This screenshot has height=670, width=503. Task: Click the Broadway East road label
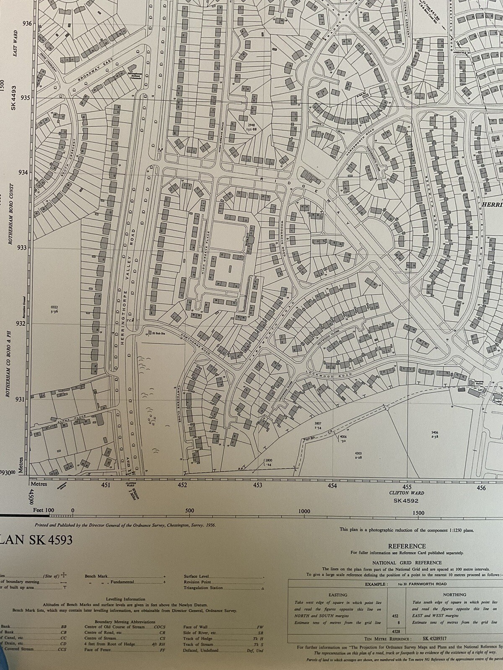tap(96, 71)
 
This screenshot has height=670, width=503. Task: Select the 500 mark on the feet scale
tap(189, 510)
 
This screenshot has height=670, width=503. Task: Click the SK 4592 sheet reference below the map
tap(406, 500)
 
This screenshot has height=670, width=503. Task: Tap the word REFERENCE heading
tap(406, 546)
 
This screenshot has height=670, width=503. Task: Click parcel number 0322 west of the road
tap(54, 307)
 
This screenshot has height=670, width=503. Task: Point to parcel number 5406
tap(434, 432)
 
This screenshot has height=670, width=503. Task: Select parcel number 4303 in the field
tap(358, 454)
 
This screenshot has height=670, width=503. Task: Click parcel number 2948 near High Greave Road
tap(251, 125)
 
